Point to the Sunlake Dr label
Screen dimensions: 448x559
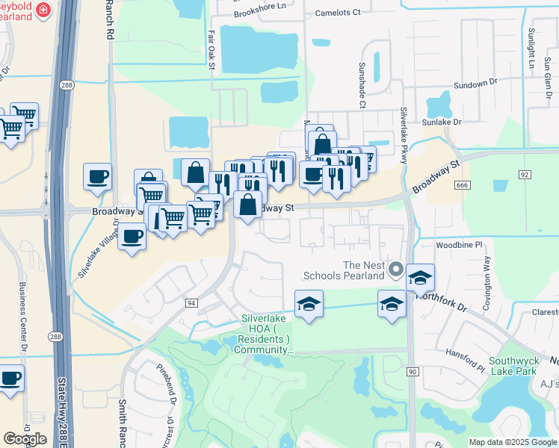tap(441, 121)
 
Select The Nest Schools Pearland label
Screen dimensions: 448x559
tap(363, 270)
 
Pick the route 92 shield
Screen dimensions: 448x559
tap(525, 174)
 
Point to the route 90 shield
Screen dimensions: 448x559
tap(413, 371)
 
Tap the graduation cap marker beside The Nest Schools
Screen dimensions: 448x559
tap(420, 277)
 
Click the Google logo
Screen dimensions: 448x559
tap(25, 438)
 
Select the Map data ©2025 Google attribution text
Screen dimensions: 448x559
tap(513, 442)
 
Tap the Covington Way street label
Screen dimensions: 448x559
tap(487, 276)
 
